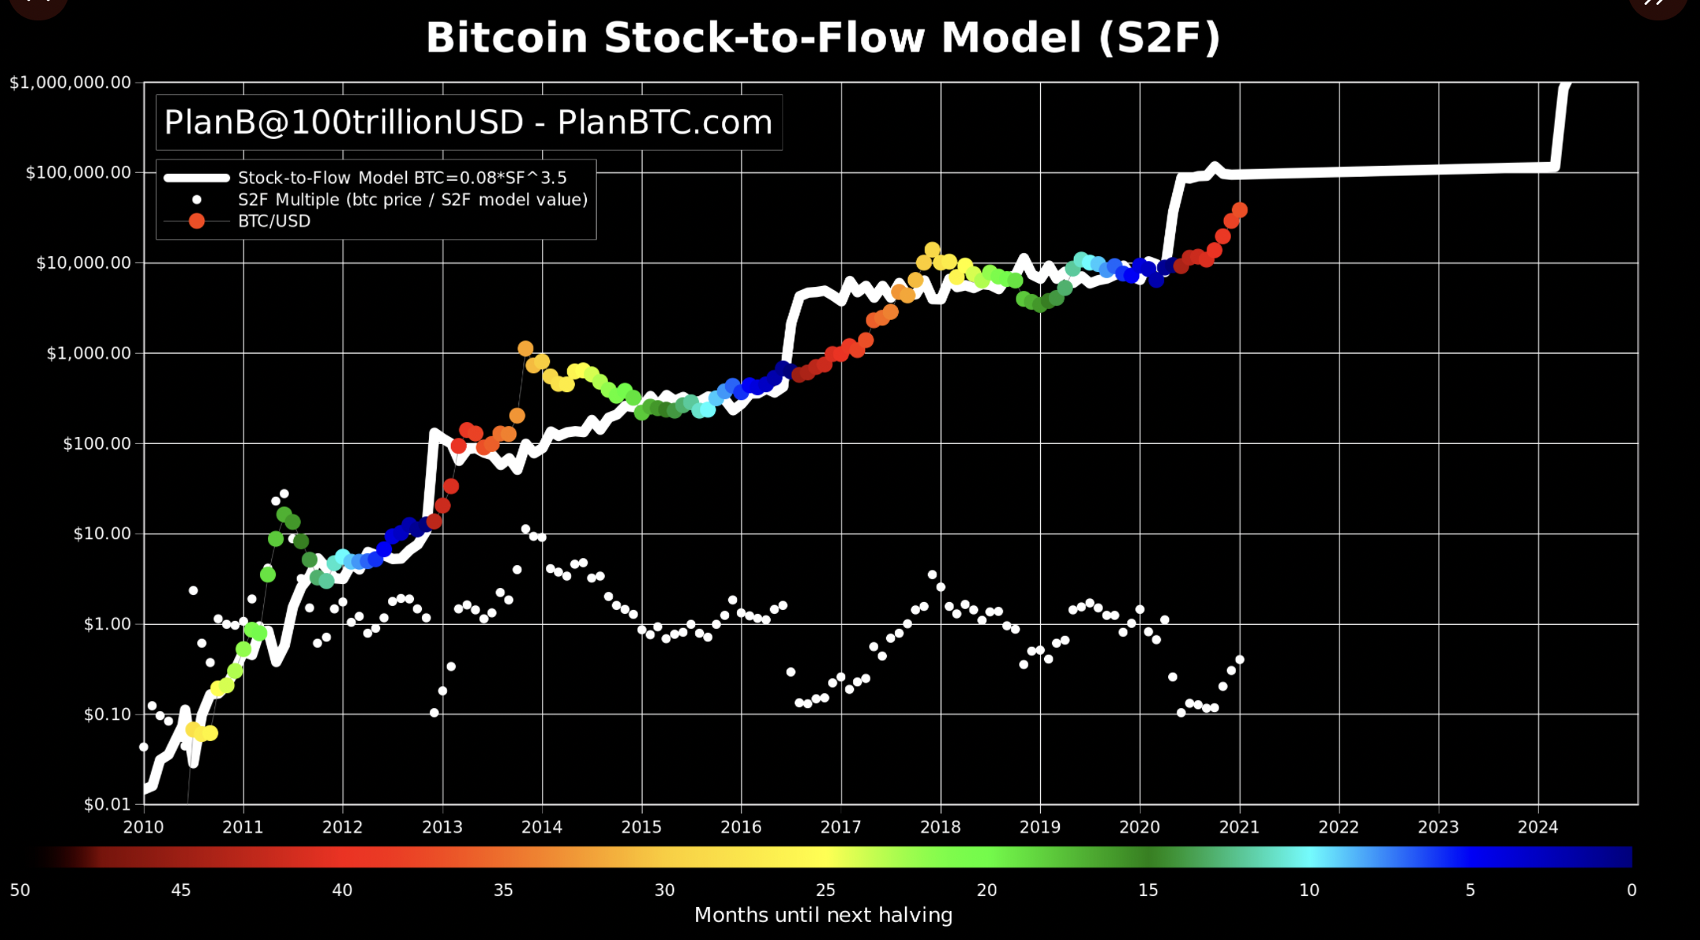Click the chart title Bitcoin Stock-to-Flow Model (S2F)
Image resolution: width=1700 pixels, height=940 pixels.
823,38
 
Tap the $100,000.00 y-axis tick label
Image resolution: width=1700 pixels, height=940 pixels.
79,172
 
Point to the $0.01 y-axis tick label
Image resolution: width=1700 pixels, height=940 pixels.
108,804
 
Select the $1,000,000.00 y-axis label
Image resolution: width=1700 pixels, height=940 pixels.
70,83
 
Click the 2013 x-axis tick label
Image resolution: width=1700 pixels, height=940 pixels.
442,827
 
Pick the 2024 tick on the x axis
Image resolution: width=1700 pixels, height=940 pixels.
1538,827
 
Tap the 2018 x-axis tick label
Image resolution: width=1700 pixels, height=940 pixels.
940,827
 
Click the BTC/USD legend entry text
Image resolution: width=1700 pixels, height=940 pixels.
274,221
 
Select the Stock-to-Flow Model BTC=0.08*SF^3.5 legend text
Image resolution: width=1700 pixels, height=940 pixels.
402,178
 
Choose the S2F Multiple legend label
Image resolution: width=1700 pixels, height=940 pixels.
413,200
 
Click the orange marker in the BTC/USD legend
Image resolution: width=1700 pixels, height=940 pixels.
196,221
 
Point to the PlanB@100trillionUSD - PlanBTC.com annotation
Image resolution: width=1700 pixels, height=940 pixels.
468,123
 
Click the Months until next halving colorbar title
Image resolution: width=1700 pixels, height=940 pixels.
823,915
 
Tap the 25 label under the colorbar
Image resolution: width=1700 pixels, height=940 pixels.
826,890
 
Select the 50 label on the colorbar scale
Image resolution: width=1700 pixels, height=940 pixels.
20,890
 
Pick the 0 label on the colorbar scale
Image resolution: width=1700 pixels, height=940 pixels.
1632,890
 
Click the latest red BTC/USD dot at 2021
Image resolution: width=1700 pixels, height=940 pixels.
1240,210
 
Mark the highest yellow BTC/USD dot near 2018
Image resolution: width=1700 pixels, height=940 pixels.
932,250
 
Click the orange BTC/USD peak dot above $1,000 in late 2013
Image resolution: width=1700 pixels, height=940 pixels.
526,348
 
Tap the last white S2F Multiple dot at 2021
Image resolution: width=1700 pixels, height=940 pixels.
1240,659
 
